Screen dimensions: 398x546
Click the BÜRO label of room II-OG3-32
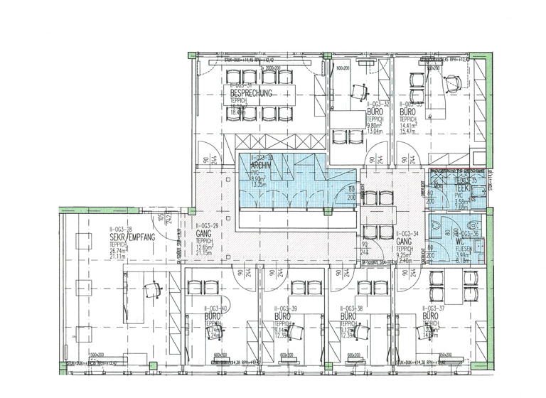375,112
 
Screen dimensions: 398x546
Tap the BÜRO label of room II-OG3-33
408,112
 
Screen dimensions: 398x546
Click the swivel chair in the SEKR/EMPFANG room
151,291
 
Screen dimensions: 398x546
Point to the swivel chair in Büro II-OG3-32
359,89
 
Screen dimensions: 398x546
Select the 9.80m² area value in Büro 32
376,125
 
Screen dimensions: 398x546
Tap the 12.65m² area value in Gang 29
205,246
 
